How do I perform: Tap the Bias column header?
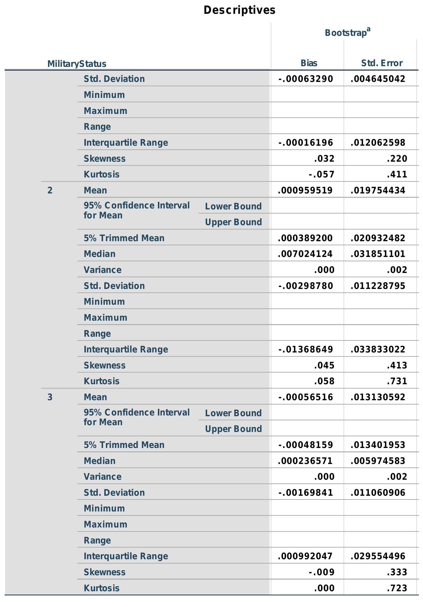(309, 63)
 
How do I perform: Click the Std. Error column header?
(382, 63)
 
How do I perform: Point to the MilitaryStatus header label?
(77, 64)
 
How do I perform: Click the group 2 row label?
(50, 190)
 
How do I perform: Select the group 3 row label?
(50, 397)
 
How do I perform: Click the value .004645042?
(378, 79)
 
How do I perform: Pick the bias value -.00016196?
(306, 143)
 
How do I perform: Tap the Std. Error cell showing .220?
(397, 159)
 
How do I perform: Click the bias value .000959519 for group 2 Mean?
(305, 190)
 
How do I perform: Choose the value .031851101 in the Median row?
(378, 254)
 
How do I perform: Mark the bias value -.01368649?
(306, 350)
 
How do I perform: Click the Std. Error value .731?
(397, 381)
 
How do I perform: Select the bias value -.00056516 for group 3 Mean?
(306, 397)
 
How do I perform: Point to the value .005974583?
(378, 461)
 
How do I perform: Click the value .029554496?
(378, 556)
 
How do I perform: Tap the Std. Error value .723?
(397, 588)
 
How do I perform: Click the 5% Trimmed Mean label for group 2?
(124, 238)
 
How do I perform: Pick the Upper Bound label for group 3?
(233, 429)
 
